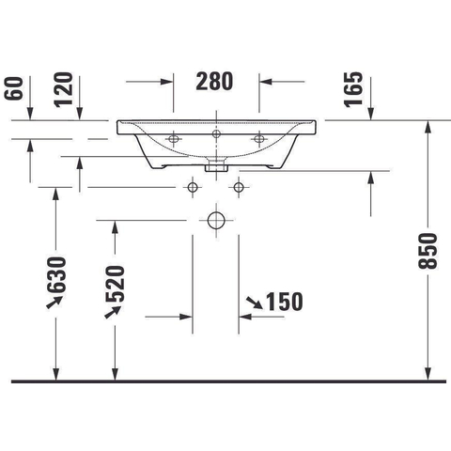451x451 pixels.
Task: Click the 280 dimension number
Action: (214, 82)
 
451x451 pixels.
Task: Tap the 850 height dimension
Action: (428, 251)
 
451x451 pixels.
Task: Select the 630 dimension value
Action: (56, 274)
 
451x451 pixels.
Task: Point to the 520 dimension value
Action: (115, 284)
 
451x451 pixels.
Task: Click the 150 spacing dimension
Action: (285, 302)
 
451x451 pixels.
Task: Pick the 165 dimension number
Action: (353, 89)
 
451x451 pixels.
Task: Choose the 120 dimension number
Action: (64, 89)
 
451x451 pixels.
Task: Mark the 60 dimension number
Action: (14, 88)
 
